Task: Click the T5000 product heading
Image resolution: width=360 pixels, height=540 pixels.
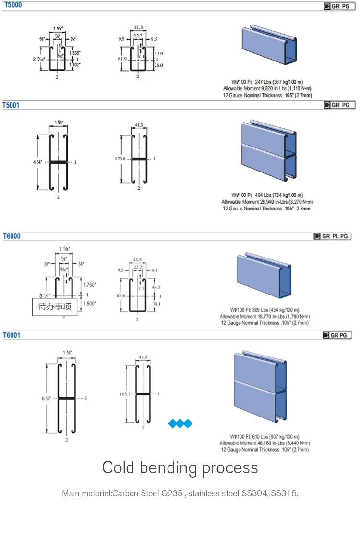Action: click(12, 5)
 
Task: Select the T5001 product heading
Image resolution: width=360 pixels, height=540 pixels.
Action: click(11, 105)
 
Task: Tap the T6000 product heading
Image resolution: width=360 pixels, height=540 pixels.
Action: click(12, 236)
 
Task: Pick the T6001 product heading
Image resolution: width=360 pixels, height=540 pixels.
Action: click(12, 335)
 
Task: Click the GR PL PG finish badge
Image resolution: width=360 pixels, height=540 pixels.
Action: click(332, 236)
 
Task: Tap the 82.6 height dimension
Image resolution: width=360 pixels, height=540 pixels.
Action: click(120, 296)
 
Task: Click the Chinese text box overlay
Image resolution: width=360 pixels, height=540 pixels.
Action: click(54, 307)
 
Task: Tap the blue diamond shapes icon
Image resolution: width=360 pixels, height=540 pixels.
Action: click(180, 423)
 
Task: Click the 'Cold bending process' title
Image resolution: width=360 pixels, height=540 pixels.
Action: click(180, 467)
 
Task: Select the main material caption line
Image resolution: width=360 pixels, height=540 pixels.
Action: click(180, 493)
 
